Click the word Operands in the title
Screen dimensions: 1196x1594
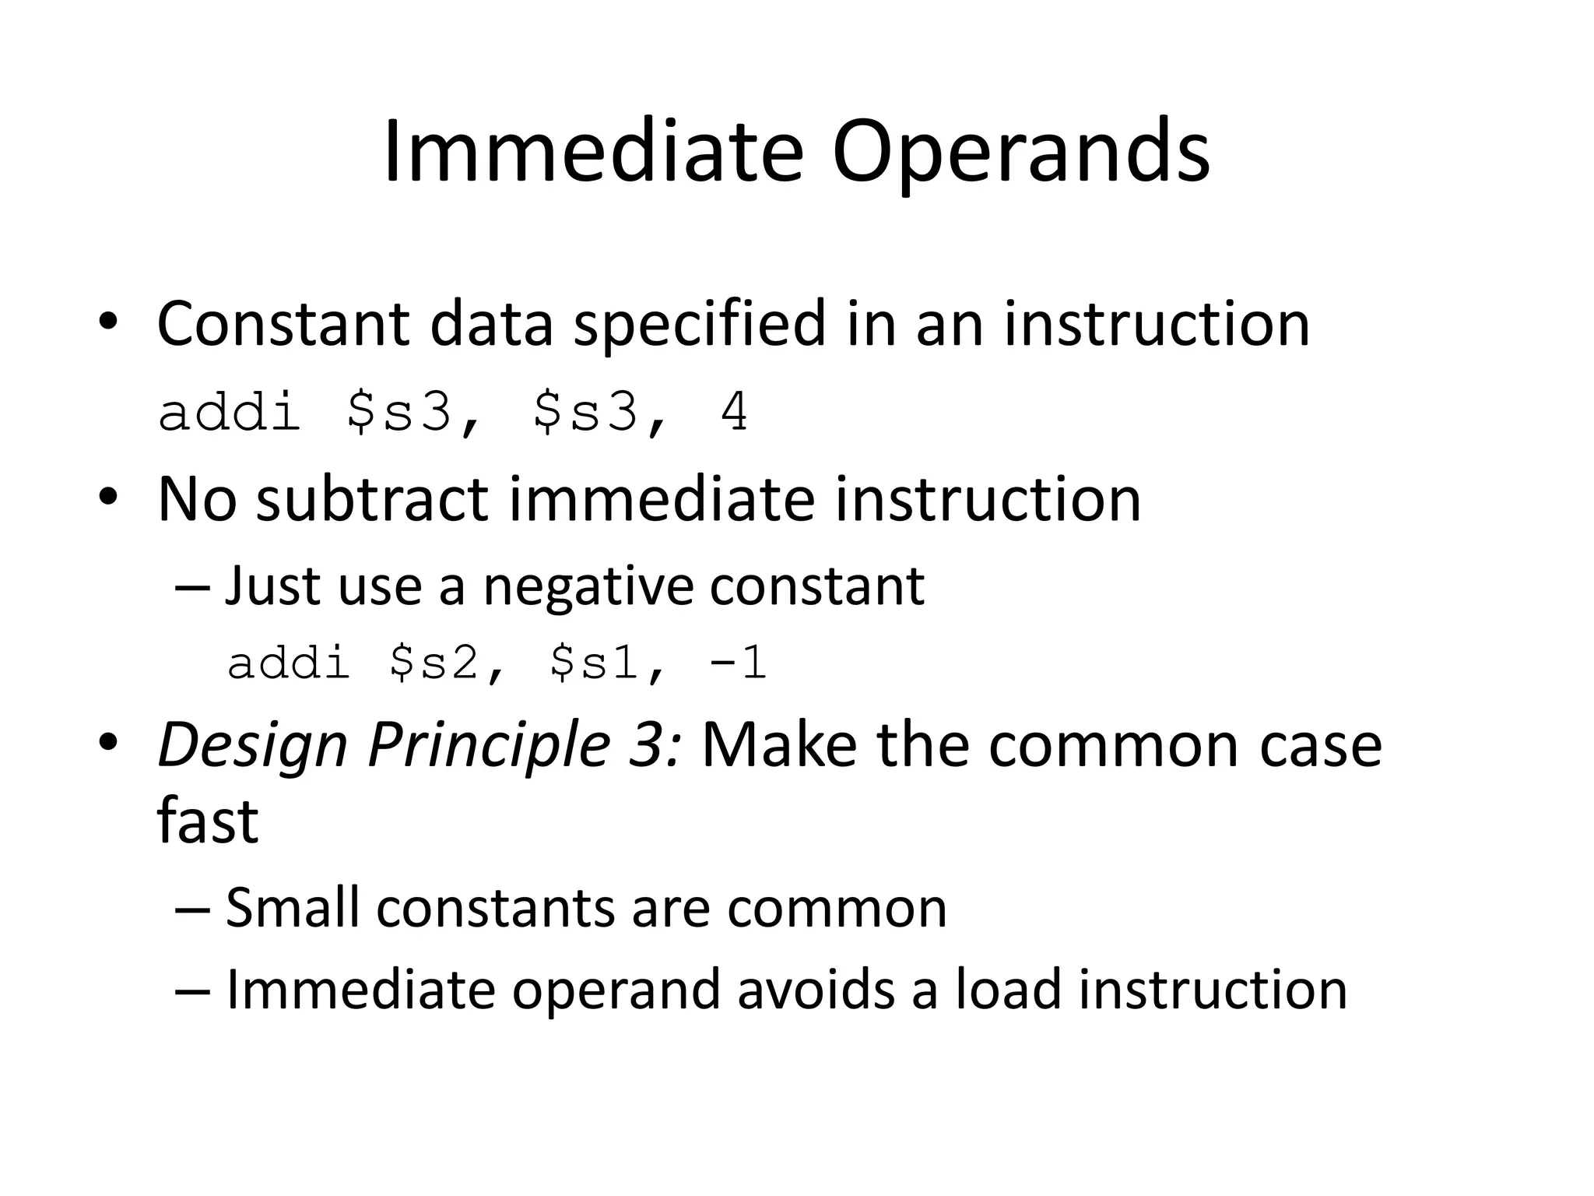pyautogui.click(x=1020, y=153)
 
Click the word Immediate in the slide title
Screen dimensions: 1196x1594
pyautogui.click(x=593, y=153)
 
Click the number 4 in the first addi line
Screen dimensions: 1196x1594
pyautogui.click(x=734, y=413)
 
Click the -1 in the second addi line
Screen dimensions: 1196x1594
pyautogui.click(x=738, y=663)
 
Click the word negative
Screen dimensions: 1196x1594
pyautogui.click(x=588, y=586)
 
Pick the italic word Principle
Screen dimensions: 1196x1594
pyautogui.click(x=488, y=746)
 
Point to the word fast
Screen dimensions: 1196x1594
pyautogui.click(x=207, y=821)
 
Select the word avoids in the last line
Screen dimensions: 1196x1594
pyautogui.click(x=816, y=990)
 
